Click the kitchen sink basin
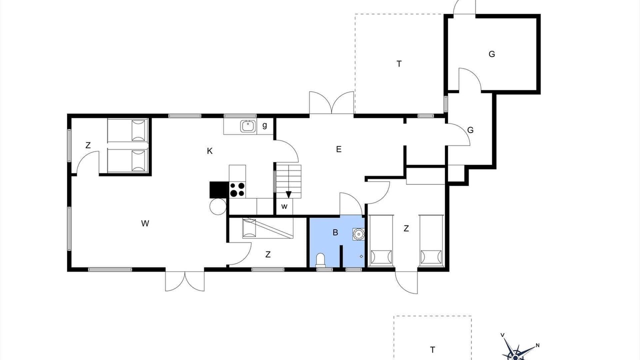247,126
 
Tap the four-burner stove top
237,189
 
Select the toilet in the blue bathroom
320,259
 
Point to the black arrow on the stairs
288,194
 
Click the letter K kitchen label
209,151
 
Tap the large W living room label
145,223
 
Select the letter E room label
338,149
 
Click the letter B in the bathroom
335,232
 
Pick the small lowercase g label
264,125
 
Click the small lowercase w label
284,206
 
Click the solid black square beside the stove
219,189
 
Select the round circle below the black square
218,206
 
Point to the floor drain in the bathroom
361,256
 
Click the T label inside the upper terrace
399,63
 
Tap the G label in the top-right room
491,54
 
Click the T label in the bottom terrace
432,349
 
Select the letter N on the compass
537,345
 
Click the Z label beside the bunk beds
88,145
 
